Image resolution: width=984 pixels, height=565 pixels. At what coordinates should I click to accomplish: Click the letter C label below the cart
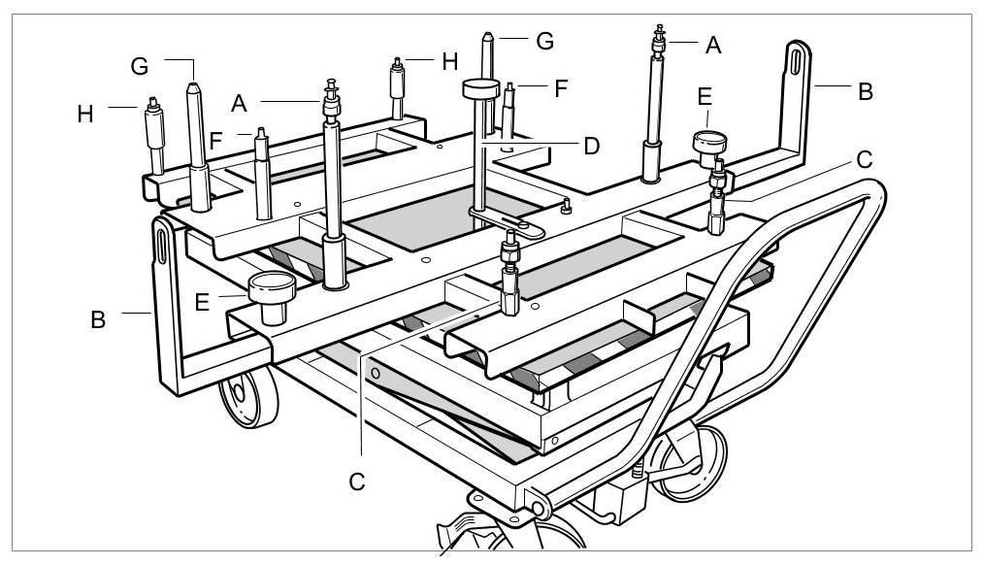pyautogui.click(x=358, y=482)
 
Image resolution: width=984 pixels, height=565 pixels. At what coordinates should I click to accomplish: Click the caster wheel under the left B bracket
pyautogui.click(x=246, y=397)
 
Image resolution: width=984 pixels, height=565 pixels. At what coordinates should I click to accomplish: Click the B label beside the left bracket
pyautogui.click(x=98, y=319)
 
